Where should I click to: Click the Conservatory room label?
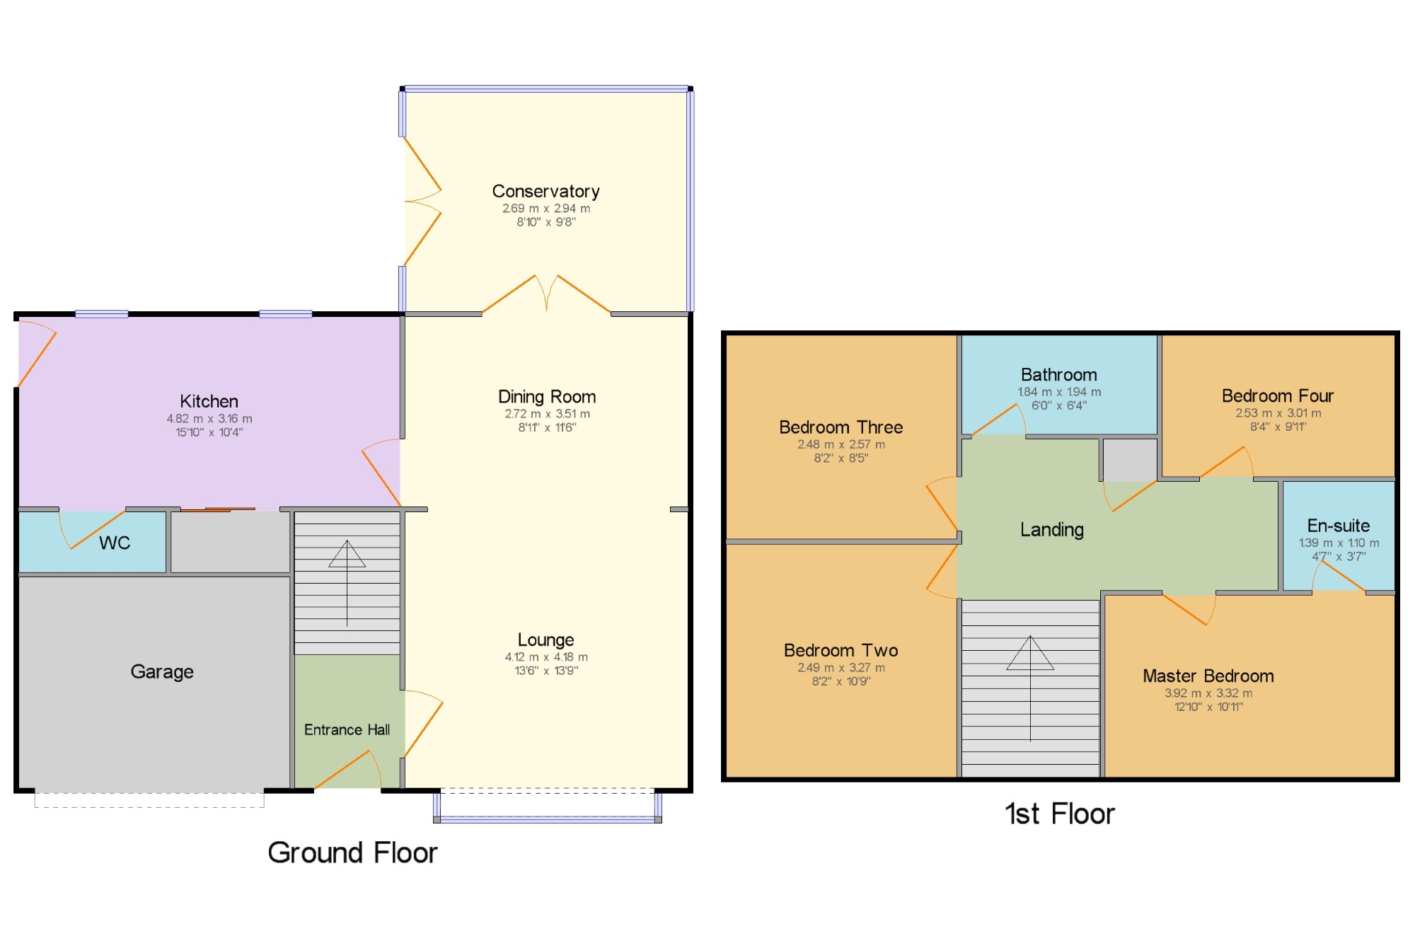tap(545, 191)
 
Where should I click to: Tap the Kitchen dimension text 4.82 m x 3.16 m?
tap(209, 419)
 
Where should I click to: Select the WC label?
tap(115, 543)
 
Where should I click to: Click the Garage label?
tap(162, 671)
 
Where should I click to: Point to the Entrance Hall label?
tap(347, 729)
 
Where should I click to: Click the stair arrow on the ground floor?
tap(347, 584)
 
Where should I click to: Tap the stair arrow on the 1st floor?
tap(1030, 688)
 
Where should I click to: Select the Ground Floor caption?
tap(352, 852)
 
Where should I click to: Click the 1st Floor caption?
tap(1060, 814)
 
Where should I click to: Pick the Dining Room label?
tap(547, 396)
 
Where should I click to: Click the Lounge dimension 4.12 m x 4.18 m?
tap(546, 657)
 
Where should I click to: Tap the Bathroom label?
tap(1058, 374)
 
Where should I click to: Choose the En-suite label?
tap(1338, 526)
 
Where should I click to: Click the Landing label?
tap(1051, 530)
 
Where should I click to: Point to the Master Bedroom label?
tap(1208, 676)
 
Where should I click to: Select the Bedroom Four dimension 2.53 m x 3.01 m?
tap(1278, 413)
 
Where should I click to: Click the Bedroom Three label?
tap(841, 427)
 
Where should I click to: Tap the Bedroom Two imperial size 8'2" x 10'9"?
tap(841, 681)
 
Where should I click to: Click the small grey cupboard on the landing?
tap(1130, 460)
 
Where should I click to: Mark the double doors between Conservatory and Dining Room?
tap(546, 294)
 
